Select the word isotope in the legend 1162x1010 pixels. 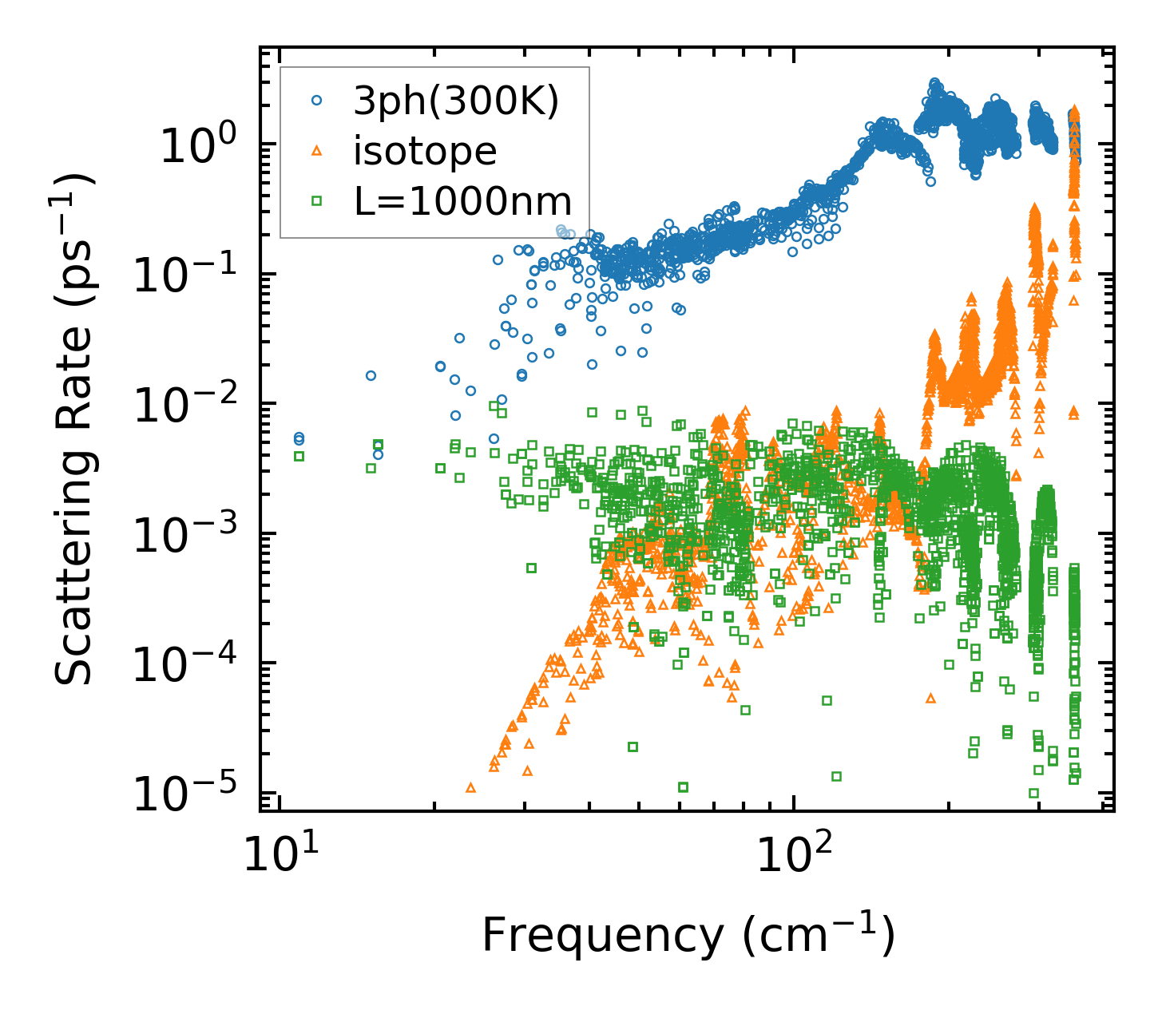[425, 151]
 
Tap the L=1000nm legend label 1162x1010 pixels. [463, 201]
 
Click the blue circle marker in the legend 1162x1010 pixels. [316, 101]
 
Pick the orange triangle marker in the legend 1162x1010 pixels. [316, 151]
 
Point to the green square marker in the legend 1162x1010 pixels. [316, 201]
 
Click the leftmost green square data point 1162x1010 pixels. [299, 456]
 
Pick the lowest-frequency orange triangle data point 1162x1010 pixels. [470, 787]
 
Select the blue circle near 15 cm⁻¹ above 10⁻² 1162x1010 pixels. [371, 375]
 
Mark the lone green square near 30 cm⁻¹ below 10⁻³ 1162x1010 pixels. [531, 568]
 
